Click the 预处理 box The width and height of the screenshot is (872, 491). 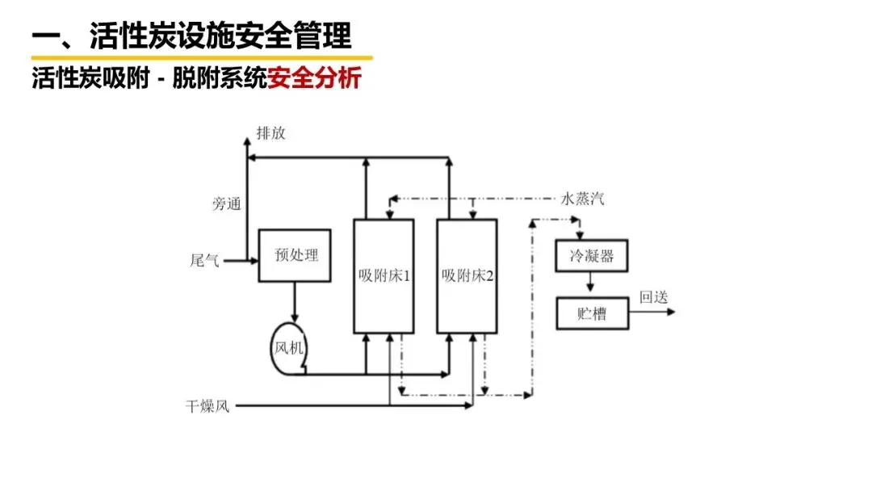tap(295, 255)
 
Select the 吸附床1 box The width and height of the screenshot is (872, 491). tap(384, 275)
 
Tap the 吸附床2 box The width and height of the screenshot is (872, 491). tap(467, 275)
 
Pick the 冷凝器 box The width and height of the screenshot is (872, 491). tap(592, 256)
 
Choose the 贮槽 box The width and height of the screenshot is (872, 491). tap(592, 313)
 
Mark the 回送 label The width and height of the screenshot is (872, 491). tap(654, 296)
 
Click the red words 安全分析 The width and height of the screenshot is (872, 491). tap(315, 79)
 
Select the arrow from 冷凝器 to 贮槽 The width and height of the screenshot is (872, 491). tap(592, 283)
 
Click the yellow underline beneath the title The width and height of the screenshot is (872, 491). tap(202, 58)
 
